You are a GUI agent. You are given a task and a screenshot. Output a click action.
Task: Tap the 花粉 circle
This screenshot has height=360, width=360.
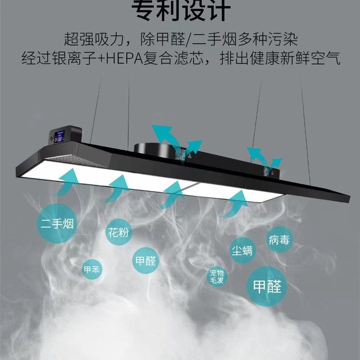[x=118, y=233]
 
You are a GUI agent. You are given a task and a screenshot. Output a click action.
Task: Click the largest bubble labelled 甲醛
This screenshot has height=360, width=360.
[x=267, y=286]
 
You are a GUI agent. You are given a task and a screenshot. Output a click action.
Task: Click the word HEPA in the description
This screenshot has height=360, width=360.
[x=123, y=58]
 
